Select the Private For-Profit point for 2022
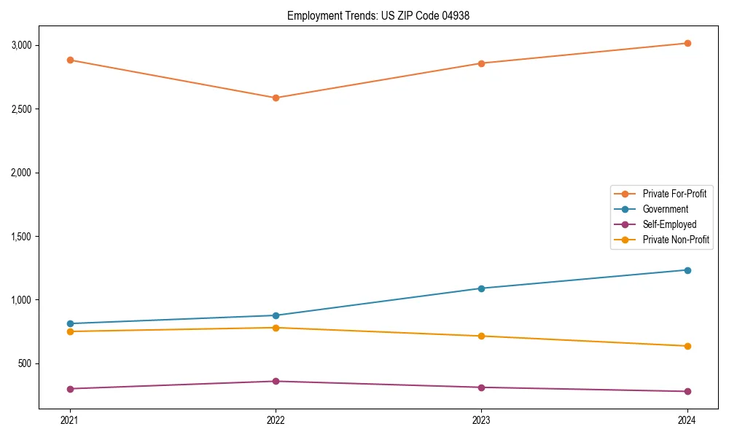pos(276,98)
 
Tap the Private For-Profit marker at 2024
pos(687,43)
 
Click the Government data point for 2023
pos(481,288)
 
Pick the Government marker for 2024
pos(687,270)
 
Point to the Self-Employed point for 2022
pos(276,382)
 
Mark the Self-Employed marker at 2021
pos(70,389)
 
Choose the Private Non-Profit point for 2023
pos(481,336)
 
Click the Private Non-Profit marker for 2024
pos(687,346)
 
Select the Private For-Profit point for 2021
pos(70,60)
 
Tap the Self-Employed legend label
pos(669,224)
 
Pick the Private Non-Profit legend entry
pos(676,240)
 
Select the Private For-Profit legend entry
pos(674,194)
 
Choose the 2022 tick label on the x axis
pos(276,420)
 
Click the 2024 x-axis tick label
pos(687,420)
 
